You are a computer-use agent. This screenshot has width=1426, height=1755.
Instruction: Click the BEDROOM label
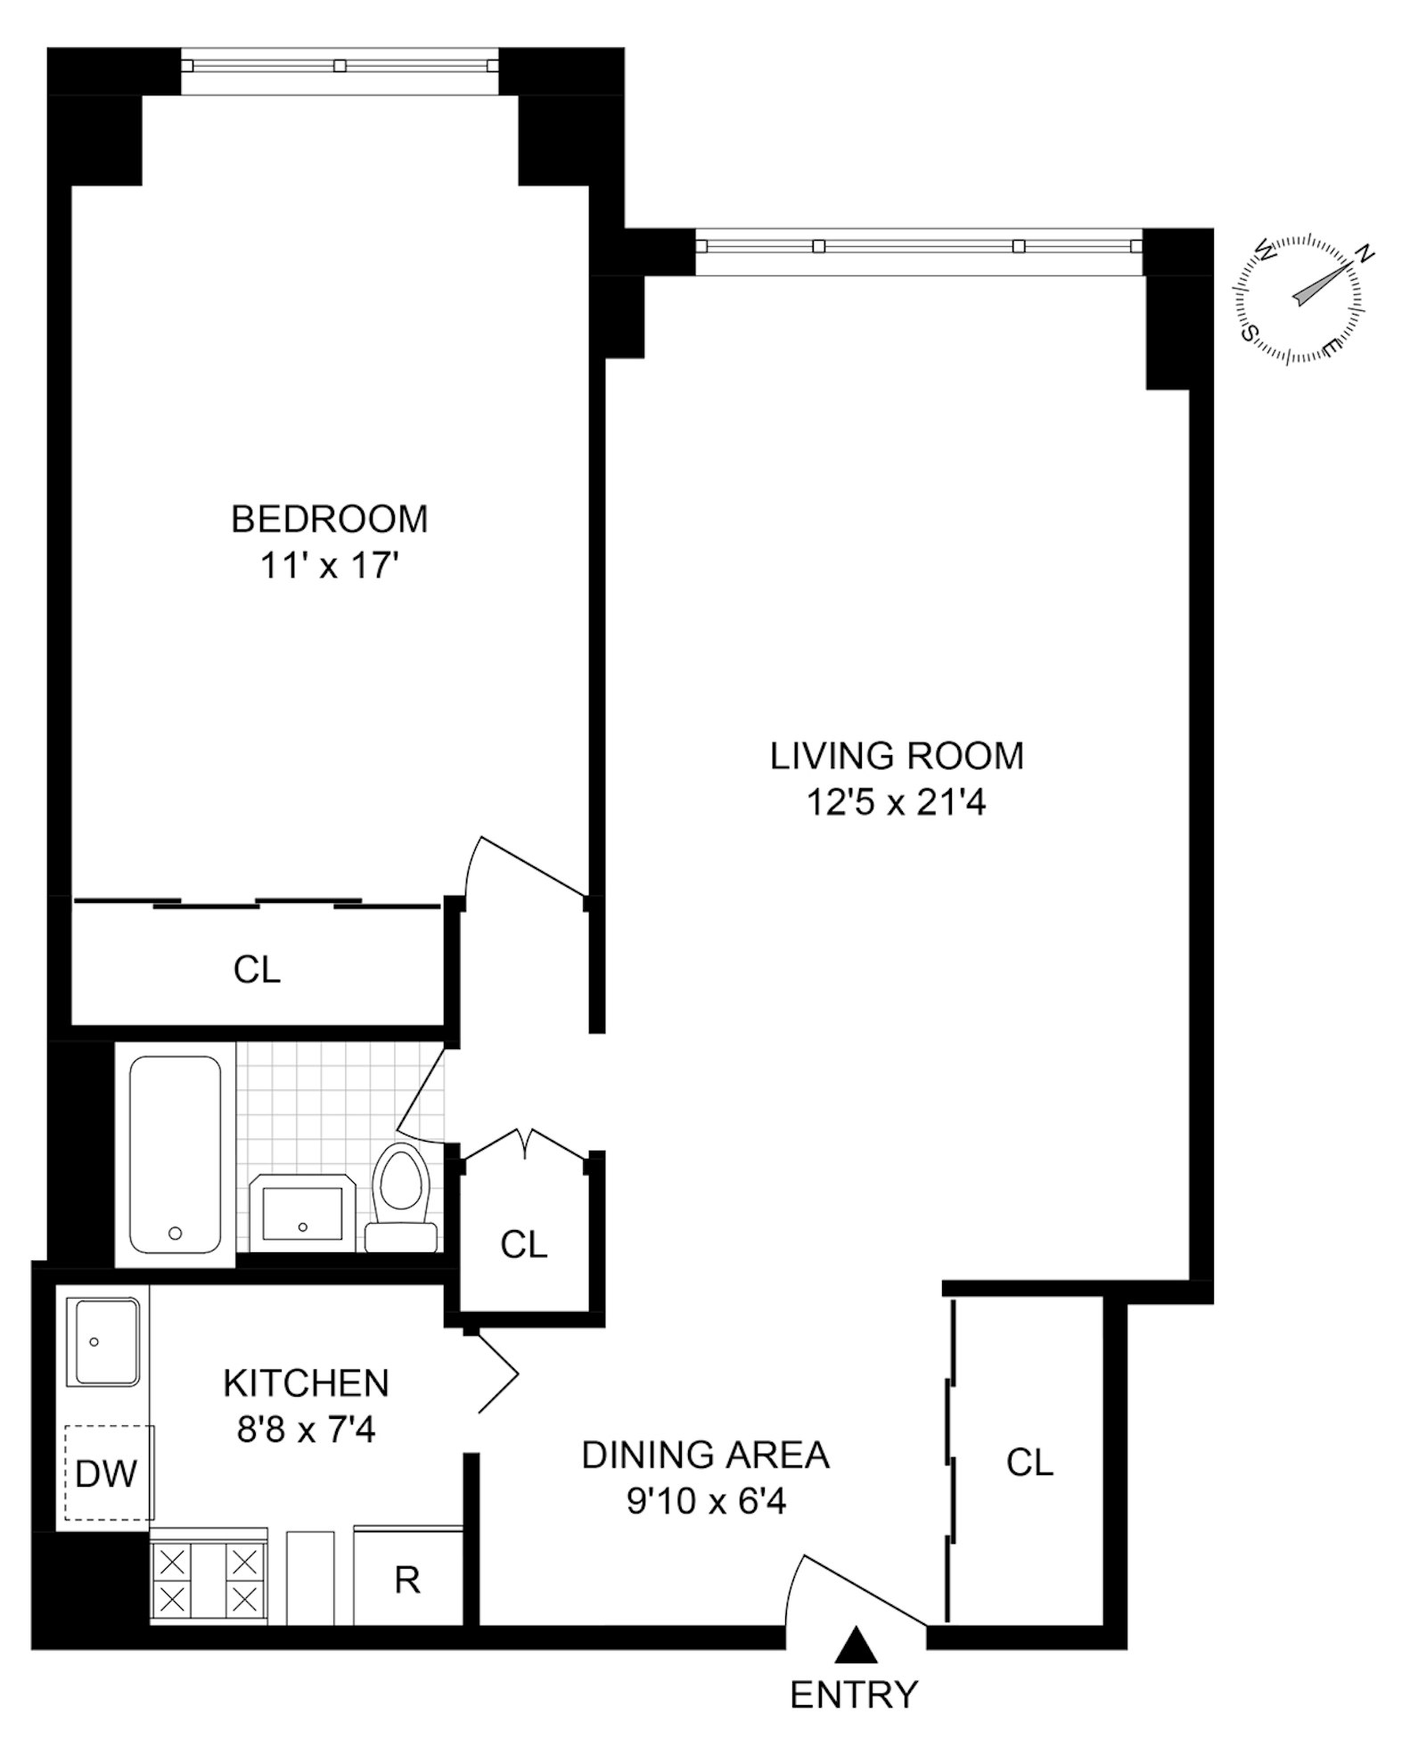click(x=329, y=519)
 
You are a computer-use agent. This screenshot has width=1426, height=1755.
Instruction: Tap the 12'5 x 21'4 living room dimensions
click(x=896, y=803)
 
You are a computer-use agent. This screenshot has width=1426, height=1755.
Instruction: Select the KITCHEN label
click(x=306, y=1383)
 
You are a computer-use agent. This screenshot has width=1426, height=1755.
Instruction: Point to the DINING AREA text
click(x=705, y=1455)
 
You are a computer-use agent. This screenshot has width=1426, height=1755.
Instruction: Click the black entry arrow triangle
click(x=856, y=1644)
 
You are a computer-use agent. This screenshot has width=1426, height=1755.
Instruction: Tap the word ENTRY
click(x=853, y=1694)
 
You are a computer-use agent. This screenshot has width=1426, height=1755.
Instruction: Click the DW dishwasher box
click(x=107, y=1474)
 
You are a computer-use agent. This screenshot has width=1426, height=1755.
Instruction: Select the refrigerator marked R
click(x=408, y=1580)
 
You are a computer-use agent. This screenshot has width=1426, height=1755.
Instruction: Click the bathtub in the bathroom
click(x=176, y=1154)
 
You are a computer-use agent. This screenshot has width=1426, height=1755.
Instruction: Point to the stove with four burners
click(x=209, y=1581)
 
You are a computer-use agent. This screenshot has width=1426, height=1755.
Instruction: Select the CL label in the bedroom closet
click(x=257, y=969)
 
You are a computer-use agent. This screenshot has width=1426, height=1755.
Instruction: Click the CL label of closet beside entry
click(x=1029, y=1462)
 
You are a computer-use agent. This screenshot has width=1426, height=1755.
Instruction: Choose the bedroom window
click(x=340, y=65)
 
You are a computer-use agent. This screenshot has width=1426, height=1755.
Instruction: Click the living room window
click(x=918, y=246)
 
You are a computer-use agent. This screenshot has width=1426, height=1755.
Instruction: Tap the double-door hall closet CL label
click(x=523, y=1244)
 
